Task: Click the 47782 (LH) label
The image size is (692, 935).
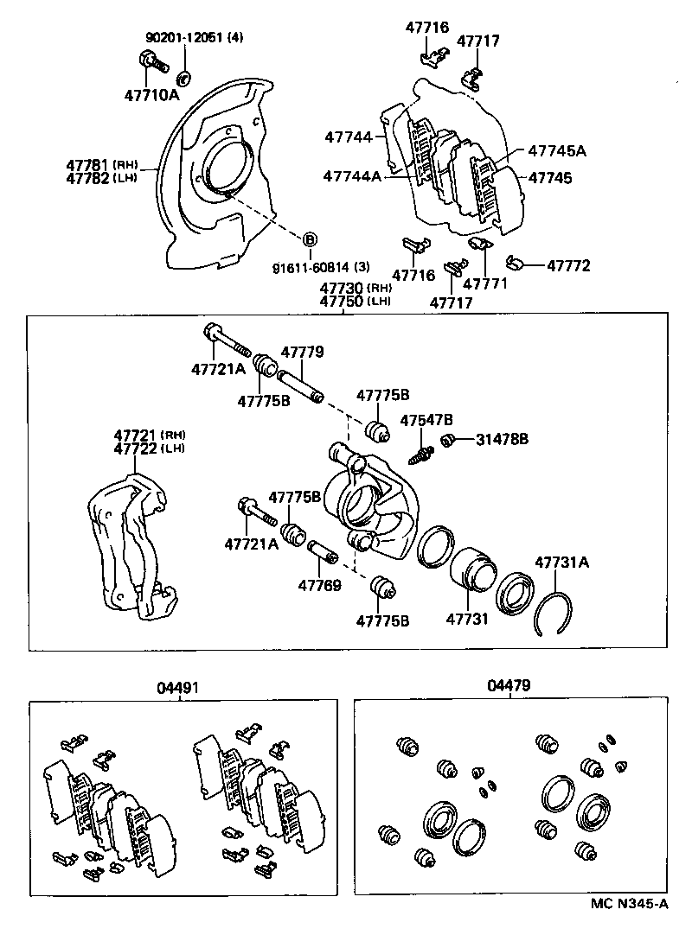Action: coord(102,177)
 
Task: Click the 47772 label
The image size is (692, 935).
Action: coord(567,265)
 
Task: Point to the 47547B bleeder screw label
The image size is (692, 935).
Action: coord(426,420)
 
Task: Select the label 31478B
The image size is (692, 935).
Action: coord(502,440)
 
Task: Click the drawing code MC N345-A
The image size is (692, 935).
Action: coord(630,905)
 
